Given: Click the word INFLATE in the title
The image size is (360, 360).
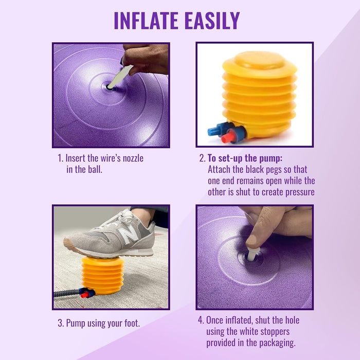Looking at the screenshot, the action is [146, 21].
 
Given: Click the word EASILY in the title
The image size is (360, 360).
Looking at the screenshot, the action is [212, 21].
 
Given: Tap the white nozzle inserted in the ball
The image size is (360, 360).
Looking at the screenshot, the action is [120, 77].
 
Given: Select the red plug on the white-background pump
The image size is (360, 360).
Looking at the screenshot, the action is [228, 137].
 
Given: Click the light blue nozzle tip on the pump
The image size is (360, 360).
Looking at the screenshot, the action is [212, 131].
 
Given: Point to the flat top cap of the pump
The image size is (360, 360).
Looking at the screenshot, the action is [260, 60].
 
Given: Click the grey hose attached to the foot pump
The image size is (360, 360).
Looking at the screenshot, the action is [67, 293].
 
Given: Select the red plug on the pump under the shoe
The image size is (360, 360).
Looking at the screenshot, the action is [85, 295].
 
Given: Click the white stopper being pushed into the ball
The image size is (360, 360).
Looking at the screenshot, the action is [253, 254].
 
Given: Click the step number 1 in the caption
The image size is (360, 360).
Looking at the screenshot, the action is [60, 158].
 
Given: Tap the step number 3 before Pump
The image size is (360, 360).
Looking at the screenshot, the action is [61, 323].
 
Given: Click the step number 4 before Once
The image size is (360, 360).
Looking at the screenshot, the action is [201, 320].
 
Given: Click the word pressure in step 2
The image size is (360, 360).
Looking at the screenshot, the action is [300, 192].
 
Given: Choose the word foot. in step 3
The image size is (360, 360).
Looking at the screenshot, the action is [132, 323].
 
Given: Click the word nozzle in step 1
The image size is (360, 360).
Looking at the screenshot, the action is [133, 158].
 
